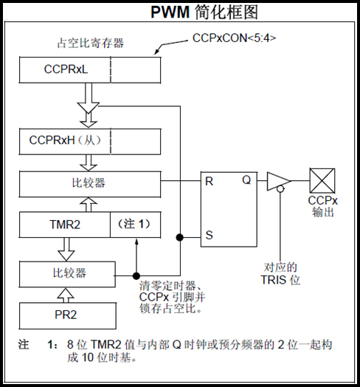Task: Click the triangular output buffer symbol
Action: [x=278, y=181]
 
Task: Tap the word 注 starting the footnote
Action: [x=24, y=344]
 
